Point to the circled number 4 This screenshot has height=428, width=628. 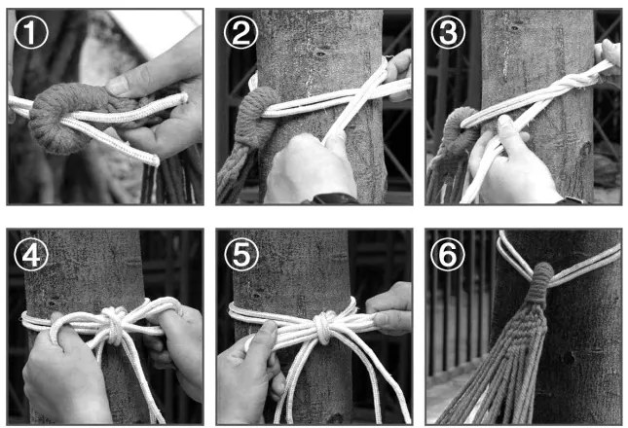coord(31,254)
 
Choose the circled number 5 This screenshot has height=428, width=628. coord(240,254)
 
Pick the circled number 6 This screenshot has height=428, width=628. coord(448,254)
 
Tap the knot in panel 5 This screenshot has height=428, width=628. coord(323,327)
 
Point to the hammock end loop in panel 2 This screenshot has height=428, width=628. coord(256,116)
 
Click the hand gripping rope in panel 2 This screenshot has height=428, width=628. coord(311,168)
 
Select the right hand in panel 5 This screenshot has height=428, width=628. coord(389,308)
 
